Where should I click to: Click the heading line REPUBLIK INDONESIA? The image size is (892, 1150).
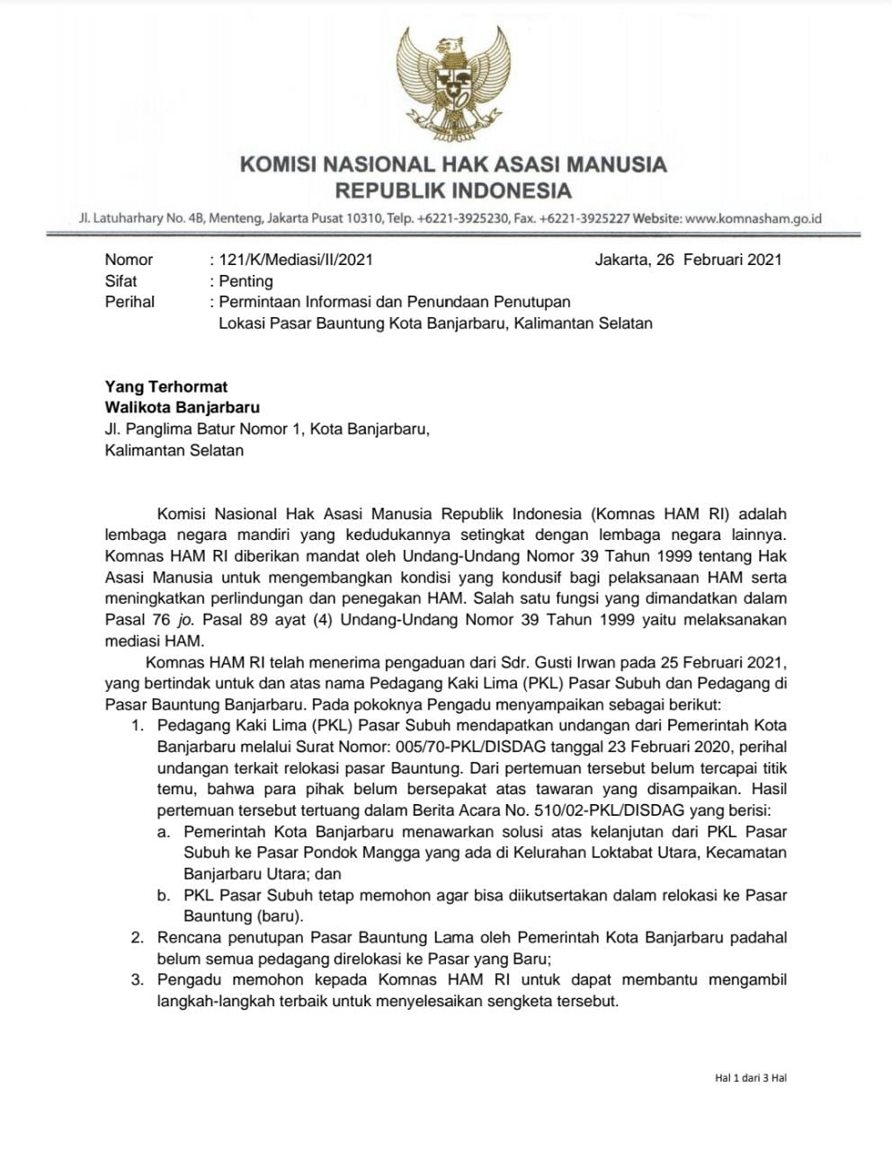coord(453,190)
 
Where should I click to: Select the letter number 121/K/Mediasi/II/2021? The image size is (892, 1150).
coord(296,260)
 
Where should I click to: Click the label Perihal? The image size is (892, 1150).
coord(129,302)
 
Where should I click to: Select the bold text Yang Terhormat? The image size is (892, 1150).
coord(166,387)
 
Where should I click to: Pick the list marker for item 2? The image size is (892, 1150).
coord(138,938)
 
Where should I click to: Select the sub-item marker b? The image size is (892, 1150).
coord(164,896)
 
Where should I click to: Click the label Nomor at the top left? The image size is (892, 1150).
coord(129,260)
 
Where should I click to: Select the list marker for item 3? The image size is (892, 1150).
coord(138,980)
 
